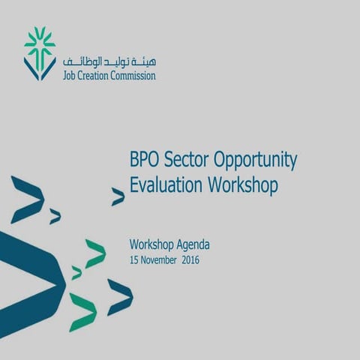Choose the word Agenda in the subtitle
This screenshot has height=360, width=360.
tap(193, 245)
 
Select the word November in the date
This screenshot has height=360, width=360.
tap(160, 260)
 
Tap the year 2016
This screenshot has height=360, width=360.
tap(191, 260)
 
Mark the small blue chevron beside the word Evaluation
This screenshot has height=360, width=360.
tap(118, 197)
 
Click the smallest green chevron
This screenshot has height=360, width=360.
tap(76, 273)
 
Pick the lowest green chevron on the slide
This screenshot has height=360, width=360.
tap(82, 311)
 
